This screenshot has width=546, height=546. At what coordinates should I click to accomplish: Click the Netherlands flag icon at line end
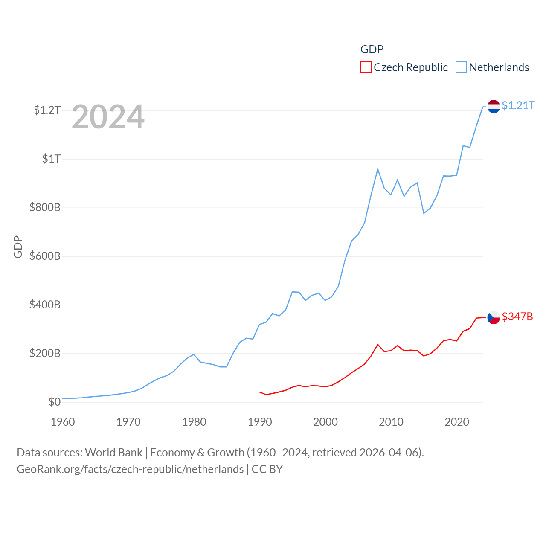(x=494, y=106)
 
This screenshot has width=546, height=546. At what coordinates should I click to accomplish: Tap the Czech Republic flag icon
(x=494, y=317)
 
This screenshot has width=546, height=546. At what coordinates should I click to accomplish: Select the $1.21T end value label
(x=518, y=105)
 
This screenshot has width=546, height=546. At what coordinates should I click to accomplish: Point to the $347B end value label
(x=517, y=317)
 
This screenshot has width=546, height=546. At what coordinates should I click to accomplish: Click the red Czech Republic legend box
(x=366, y=67)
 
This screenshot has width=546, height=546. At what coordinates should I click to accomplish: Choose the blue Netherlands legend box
(x=461, y=67)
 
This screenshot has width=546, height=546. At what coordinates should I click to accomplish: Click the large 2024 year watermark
(x=108, y=117)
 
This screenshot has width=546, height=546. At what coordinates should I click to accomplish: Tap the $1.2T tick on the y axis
(x=47, y=110)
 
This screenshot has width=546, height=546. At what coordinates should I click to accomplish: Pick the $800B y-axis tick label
(x=45, y=208)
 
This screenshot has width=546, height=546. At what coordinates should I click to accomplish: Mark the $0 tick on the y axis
(x=54, y=402)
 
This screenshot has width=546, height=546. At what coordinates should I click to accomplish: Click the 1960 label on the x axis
(x=63, y=422)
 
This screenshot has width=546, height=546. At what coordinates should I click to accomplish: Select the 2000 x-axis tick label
(x=325, y=422)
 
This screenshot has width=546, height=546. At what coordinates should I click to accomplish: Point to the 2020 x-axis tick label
(x=457, y=422)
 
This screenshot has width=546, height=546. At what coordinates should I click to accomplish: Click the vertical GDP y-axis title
(x=18, y=247)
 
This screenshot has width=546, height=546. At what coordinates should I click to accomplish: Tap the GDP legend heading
(x=372, y=49)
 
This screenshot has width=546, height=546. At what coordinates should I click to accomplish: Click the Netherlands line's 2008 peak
(x=378, y=169)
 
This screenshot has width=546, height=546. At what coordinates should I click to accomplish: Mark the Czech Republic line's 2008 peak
(x=378, y=344)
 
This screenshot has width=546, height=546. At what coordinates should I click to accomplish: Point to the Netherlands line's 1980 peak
(x=194, y=354)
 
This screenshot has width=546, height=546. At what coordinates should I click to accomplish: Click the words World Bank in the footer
(x=113, y=452)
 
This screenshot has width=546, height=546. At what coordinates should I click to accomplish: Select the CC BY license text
(x=267, y=469)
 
